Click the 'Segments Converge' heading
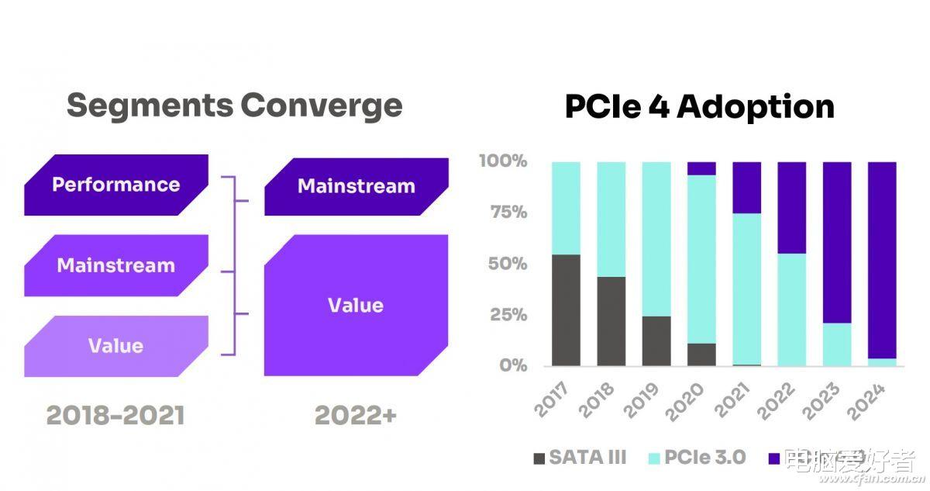pyautogui.click(x=234, y=105)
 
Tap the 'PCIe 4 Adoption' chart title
pyautogui.click(x=699, y=106)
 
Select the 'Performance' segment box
pyautogui.click(x=116, y=185)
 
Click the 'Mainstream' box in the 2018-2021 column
pyautogui.click(x=116, y=265)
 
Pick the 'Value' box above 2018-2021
pyautogui.click(x=115, y=346)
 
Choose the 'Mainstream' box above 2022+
pyautogui.click(x=356, y=187)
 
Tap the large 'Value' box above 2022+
pyautogui.click(x=356, y=306)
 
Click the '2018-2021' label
pyautogui.click(x=115, y=416)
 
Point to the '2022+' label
pyautogui.click(x=356, y=416)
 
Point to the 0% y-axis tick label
pyautogui.click(x=513, y=365)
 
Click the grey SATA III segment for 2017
pyautogui.click(x=566, y=310)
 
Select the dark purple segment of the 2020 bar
pyautogui.click(x=701, y=168)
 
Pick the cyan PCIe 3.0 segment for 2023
pyautogui.click(x=837, y=344)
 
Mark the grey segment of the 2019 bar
pyautogui.click(x=656, y=341)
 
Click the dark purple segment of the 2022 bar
pyautogui.click(x=792, y=207)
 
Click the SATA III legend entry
pyautogui.click(x=580, y=458)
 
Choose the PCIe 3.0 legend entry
pyautogui.click(x=696, y=458)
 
